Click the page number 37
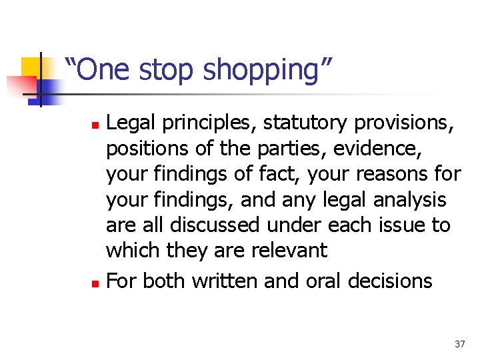pos(459,344)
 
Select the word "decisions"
pos(390,281)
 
